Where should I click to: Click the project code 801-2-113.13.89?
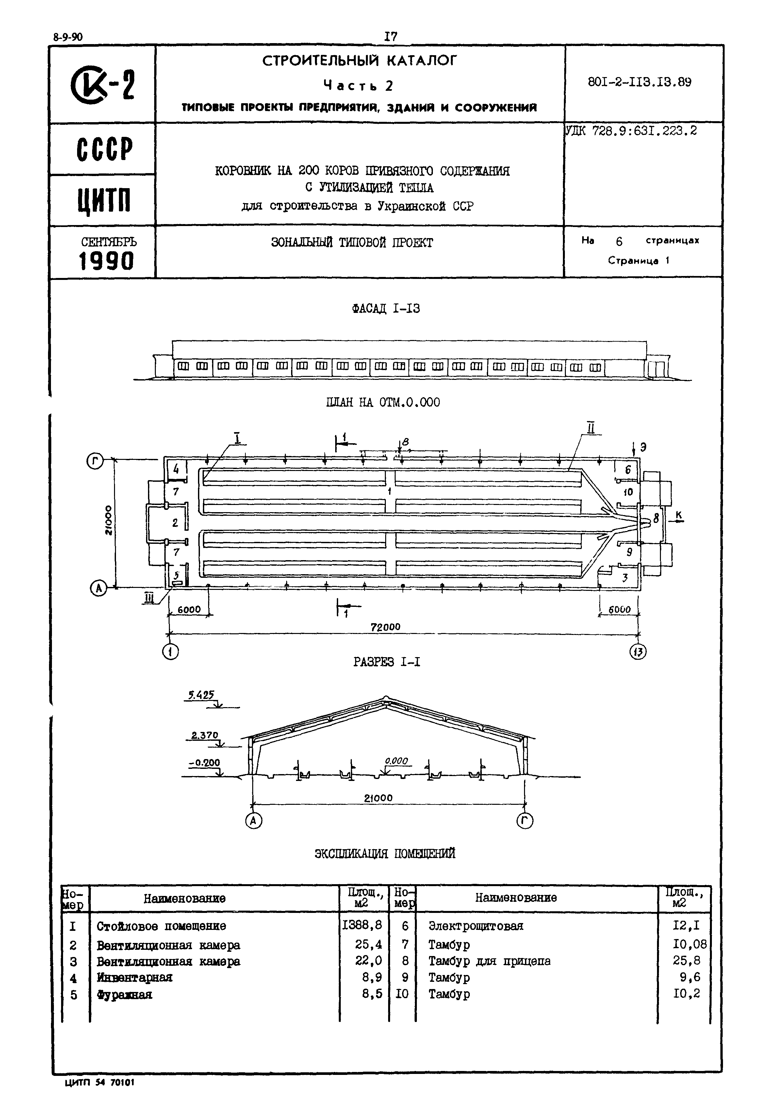[639, 82]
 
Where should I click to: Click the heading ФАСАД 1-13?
[386, 309]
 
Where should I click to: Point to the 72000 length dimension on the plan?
[386, 627]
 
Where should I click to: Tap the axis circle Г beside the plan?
[95, 462]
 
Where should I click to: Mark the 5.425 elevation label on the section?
[201, 695]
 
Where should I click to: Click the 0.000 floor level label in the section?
[396, 761]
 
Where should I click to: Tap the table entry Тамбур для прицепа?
[489, 961]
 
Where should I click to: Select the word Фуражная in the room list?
[124, 995]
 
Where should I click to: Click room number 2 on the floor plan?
[175, 522]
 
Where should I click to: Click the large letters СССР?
[105, 149]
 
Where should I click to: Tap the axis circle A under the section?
[253, 820]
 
